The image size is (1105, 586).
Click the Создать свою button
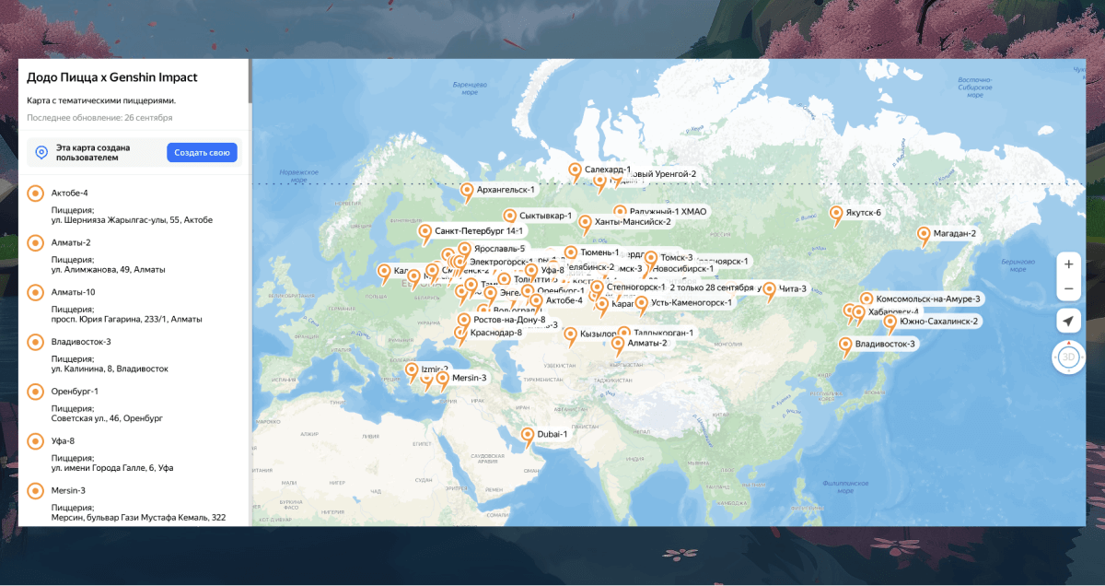[202, 153]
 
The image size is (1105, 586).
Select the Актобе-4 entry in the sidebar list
[70, 193]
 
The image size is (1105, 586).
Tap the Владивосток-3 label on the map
[885, 345]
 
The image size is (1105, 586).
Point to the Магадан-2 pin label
[954, 234]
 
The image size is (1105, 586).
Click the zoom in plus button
[1068, 264]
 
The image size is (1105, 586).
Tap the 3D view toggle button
[1068, 357]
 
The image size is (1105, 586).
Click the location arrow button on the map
[1068, 321]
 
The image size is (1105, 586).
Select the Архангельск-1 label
[506, 190]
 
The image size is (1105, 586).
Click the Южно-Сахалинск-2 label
[938, 322]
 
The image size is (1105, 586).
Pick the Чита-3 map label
[792, 289]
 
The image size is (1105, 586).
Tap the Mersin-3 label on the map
[469, 378]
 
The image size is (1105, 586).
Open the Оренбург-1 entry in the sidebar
[75, 392]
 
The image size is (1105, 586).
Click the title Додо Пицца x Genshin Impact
[111, 77]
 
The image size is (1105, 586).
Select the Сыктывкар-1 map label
[545, 216]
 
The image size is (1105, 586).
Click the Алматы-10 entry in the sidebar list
[73, 292]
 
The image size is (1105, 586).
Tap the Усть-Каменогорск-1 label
[691, 302]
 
